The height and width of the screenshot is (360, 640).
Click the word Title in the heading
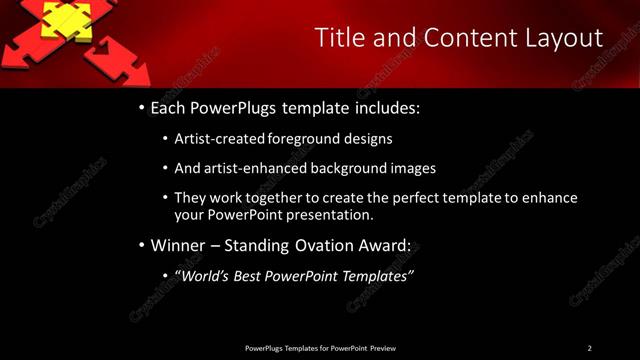pos(341,38)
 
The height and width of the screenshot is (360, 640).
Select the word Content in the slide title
pos(469,38)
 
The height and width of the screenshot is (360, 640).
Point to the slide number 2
pos(590,348)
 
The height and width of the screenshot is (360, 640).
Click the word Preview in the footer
pos(383,348)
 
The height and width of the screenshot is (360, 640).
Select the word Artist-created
pos(218,139)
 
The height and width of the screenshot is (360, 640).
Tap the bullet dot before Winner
pos(141,245)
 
